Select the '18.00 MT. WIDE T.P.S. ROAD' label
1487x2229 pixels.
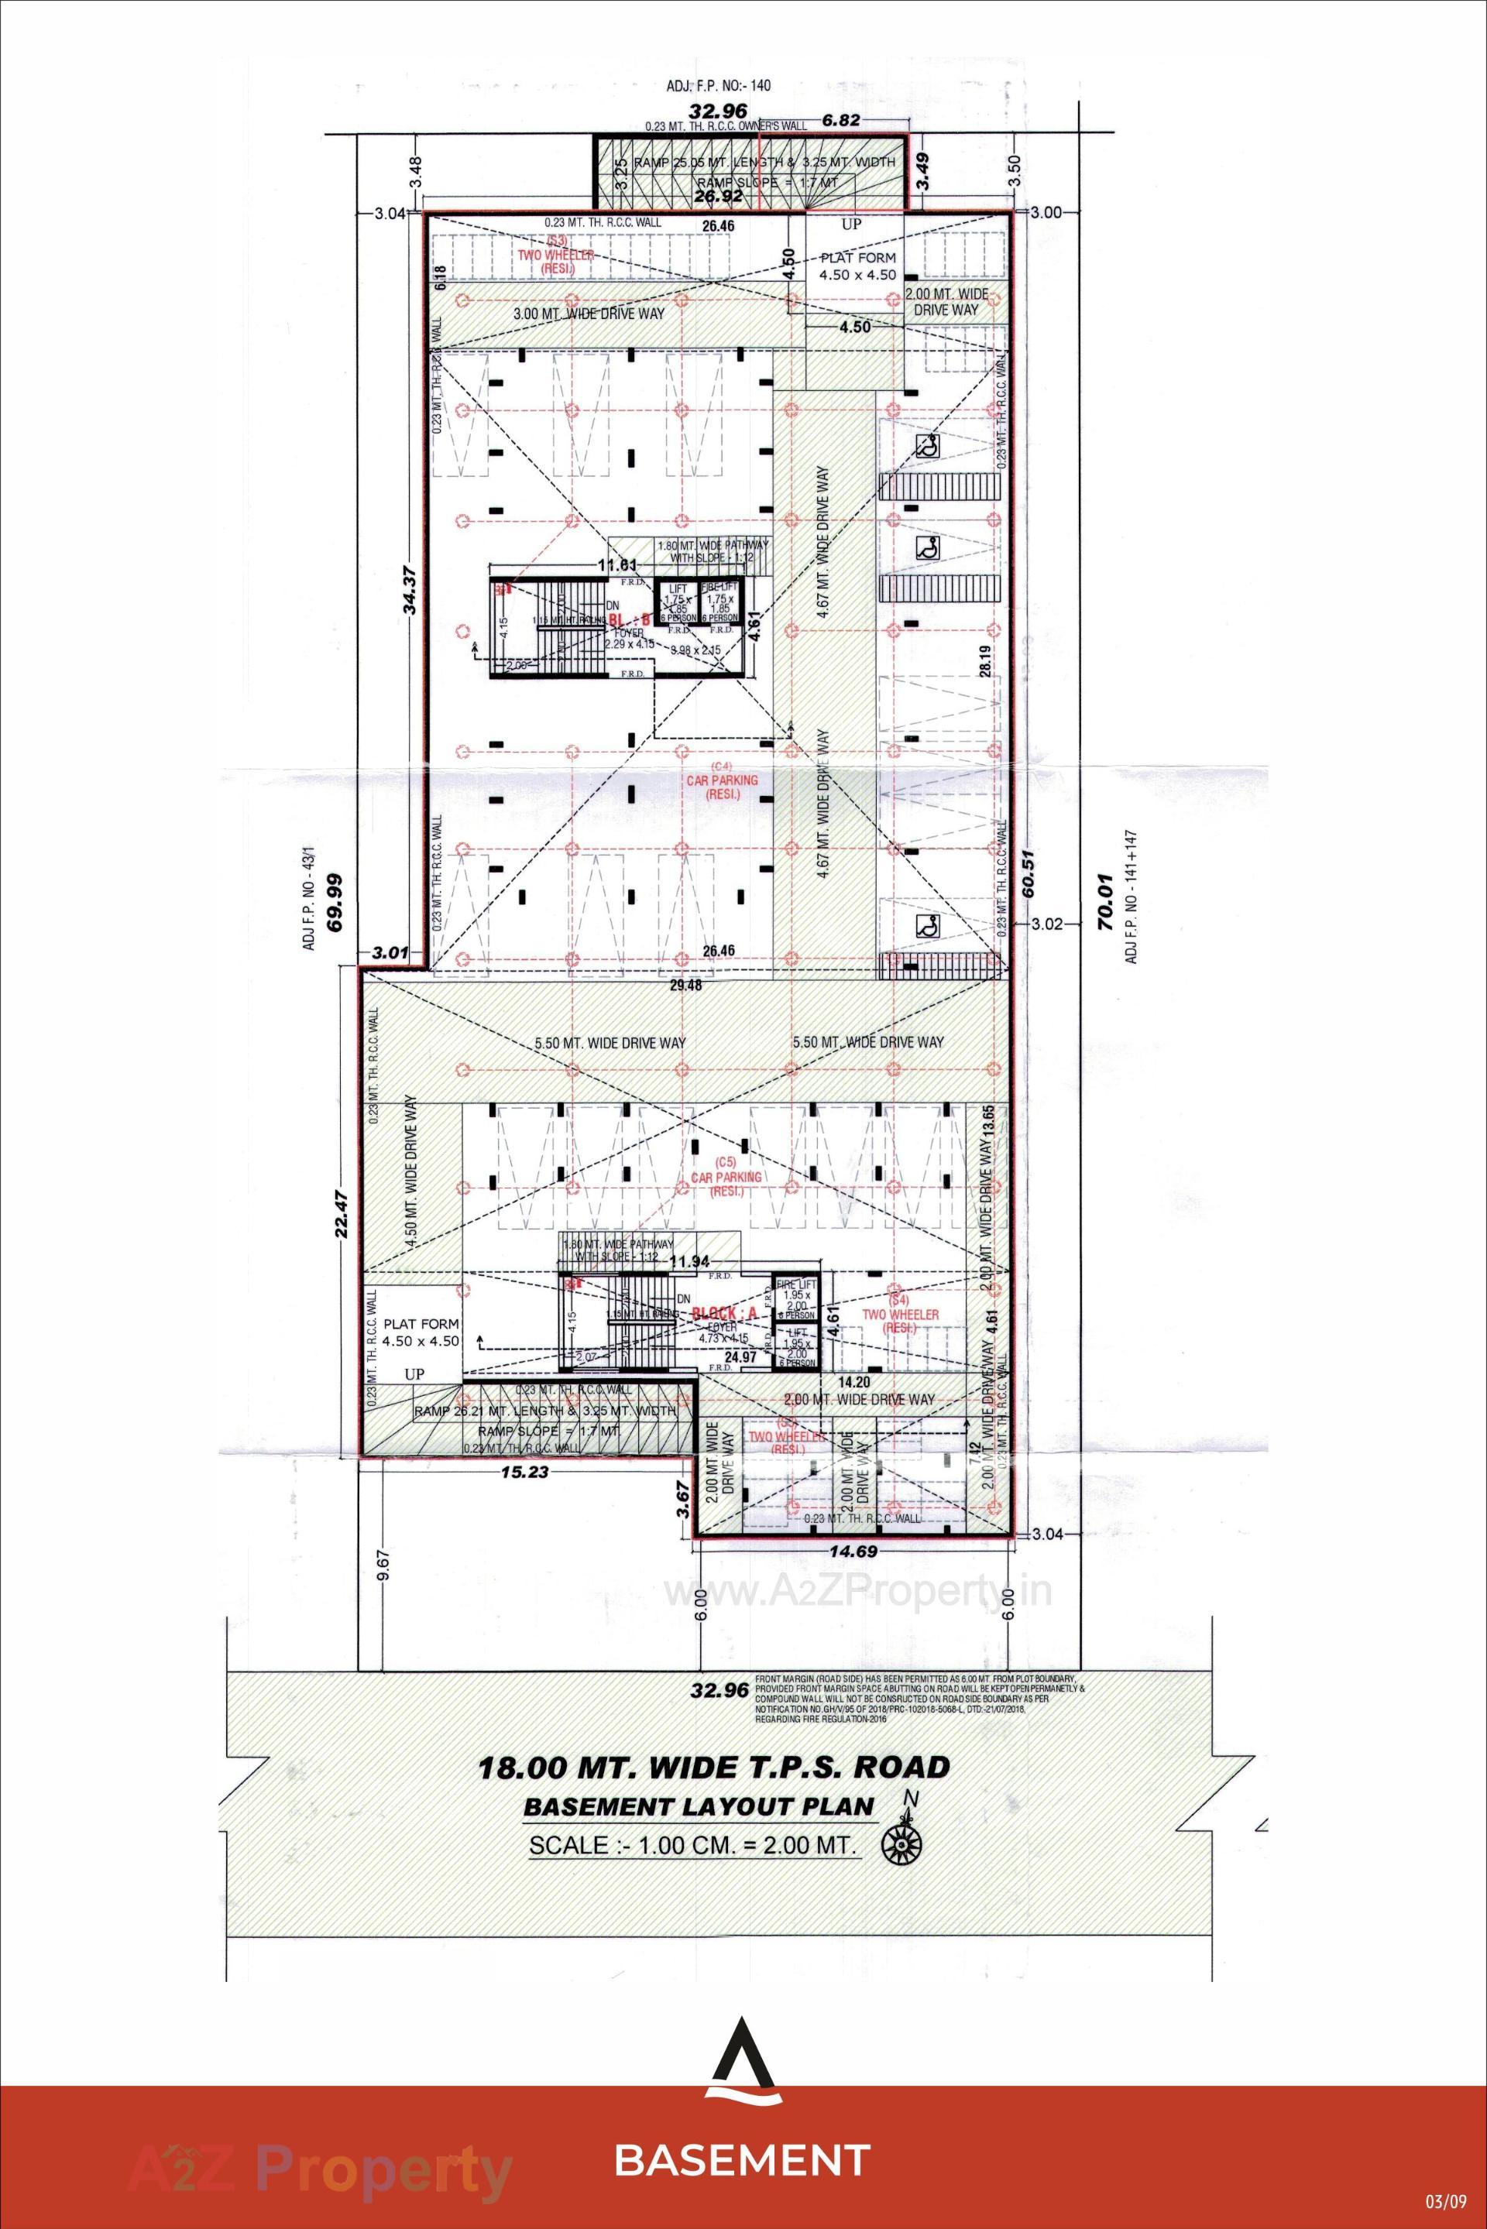pos(713,1768)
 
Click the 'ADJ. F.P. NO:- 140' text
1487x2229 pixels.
pos(718,85)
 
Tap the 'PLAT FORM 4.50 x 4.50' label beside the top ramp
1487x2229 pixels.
pos(857,266)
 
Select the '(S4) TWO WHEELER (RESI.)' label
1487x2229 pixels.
pos(901,1314)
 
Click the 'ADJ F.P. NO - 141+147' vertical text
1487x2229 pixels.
pos(1132,897)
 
